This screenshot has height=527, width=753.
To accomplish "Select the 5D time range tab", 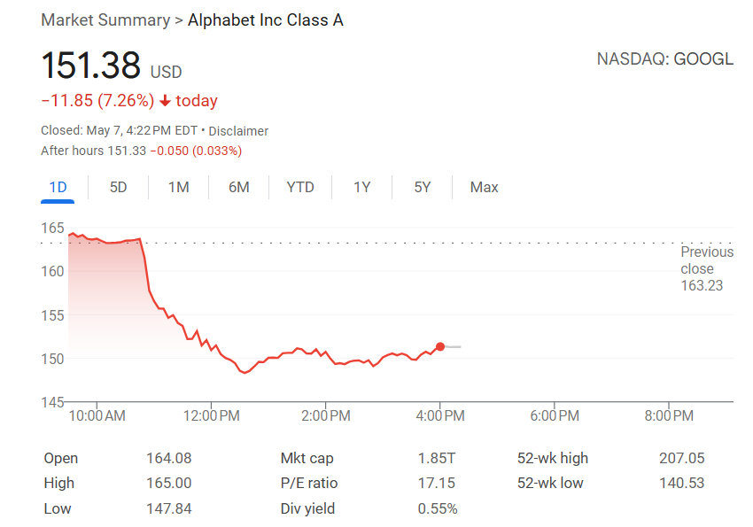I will coord(118,187).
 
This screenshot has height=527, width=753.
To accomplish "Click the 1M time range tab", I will coord(178,187).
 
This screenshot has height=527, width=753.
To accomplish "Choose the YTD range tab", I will coord(300,187).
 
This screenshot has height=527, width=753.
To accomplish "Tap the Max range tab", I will coord(484,187).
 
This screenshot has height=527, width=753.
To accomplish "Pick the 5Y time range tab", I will coord(422,187).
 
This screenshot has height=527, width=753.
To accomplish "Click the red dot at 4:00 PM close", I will coord(440,346).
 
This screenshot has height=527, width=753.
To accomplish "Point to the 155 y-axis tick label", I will coord(53,314).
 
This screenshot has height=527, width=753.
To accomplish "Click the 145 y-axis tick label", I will coord(53,402).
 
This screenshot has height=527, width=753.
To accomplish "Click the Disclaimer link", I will coord(238,131).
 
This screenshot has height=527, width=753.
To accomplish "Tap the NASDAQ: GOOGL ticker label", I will coord(664,59).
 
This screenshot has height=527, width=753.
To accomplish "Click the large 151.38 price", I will coord(91,66).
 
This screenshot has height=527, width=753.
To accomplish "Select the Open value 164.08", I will coord(168,458).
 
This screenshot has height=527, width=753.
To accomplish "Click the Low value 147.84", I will coord(168,508).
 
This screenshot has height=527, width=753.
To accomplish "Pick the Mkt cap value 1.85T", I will coord(438,458).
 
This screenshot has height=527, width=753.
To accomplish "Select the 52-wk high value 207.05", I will coord(681,458).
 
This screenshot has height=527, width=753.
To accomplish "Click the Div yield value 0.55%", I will coord(438,508).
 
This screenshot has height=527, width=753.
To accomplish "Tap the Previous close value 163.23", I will coord(702,285).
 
